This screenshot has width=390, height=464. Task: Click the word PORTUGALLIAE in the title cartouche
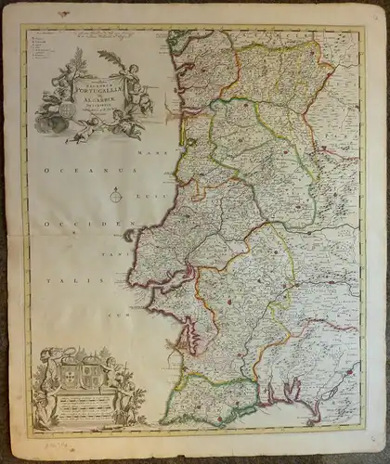[x=95, y=90]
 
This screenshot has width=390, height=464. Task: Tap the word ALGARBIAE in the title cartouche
[x=95, y=105]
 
